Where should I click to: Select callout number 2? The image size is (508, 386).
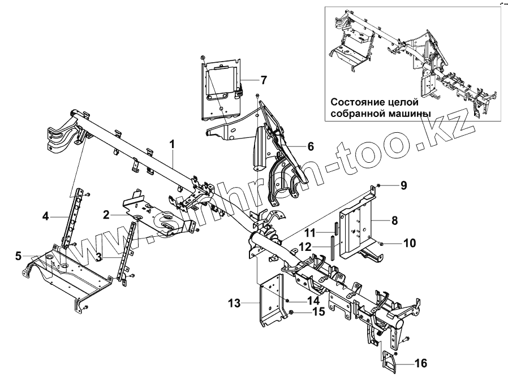106,215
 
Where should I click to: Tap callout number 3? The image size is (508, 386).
98,257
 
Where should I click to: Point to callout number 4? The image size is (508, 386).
45,215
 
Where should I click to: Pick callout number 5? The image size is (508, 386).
19,255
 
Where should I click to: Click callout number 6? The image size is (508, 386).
310,146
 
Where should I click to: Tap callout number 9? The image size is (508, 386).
403,185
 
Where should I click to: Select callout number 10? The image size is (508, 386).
409,244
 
